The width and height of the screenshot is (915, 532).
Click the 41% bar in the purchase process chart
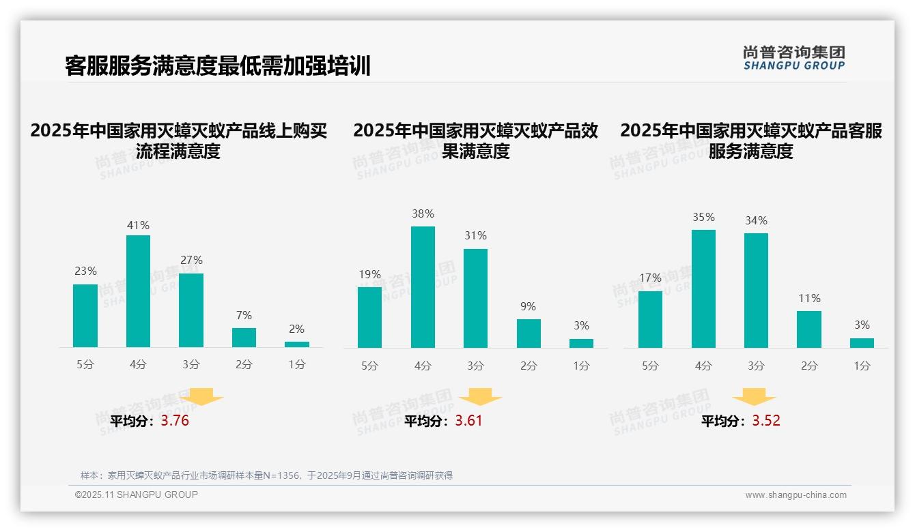[x=138, y=291]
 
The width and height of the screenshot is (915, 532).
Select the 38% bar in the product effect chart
[x=423, y=287]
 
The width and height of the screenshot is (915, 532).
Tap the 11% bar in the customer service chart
[x=808, y=329]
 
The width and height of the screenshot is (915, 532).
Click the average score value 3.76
[x=175, y=421]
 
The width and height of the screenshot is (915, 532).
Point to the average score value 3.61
[x=468, y=421]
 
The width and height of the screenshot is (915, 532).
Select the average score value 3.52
[x=766, y=421]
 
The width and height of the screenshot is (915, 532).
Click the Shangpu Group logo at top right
[x=793, y=57]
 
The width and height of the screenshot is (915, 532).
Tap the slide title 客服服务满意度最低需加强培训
[x=218, y=66]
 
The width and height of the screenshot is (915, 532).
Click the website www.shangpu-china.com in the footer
[x=796, y=495]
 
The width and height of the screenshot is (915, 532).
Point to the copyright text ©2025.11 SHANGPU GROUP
[x=137, y=494]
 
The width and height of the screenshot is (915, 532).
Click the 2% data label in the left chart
[x=296, y=329]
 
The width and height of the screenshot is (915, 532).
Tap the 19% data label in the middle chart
[x=369, y=274]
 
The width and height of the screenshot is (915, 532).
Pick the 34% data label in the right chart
[x=756, y=220]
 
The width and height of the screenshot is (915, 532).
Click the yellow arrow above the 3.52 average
[x=754, y=398]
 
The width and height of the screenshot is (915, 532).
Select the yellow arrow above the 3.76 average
[x=201, y=397]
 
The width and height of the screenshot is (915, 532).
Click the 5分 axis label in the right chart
[x=650, y=366]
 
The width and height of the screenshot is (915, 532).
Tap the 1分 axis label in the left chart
[x=296, y=365]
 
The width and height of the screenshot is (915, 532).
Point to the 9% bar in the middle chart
[x=529, y=334]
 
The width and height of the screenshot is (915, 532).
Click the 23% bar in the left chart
[x=85, y=316]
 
